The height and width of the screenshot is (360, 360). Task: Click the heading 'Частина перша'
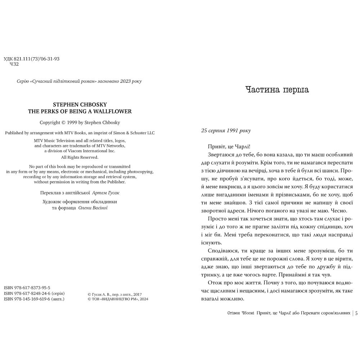coord(277,90)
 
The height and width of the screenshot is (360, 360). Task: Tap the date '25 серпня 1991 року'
coord(226,131)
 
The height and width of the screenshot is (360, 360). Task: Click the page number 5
coord(356,313)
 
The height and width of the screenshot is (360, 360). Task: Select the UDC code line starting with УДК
coord(31,59)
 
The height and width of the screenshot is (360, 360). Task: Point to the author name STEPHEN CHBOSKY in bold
coord(80,105)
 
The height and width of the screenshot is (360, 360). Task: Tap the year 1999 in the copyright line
coord(73,122)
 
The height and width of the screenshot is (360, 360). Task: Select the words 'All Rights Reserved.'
coord(80,157)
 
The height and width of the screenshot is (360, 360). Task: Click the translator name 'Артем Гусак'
coord(106,193)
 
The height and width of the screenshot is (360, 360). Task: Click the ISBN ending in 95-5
coord(27,288)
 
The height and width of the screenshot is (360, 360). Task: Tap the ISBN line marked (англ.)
coord(34,299)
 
